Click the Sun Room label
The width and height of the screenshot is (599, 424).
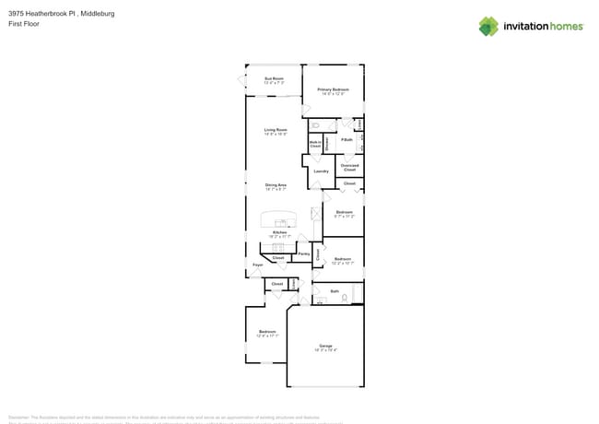coord(274,79)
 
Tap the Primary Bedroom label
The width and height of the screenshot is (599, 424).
coord(333,89)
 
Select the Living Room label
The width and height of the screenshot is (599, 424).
coord(276,130)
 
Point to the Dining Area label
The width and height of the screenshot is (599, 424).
coord(276,185)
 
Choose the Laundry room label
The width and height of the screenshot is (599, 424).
coord(321,171)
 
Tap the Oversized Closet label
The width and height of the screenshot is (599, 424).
coord(349,168)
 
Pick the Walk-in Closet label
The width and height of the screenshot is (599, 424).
coord(315,145)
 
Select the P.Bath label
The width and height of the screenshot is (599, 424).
coord(346,140)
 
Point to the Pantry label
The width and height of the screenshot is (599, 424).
coord(303,253)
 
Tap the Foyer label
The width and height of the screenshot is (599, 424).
coord(257,265)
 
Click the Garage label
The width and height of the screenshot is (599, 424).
coord(325,346)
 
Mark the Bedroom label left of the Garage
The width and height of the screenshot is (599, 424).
coord(267,332)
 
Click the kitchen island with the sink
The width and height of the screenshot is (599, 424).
coord(279,221)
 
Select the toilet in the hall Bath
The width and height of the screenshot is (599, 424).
coord(344,298)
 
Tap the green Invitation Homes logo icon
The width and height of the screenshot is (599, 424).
coord(488,26)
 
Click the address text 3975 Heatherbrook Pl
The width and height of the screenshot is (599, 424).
coord(42,14)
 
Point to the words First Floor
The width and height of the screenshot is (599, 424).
coord(21,24)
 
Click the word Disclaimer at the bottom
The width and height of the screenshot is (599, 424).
coord(22,417)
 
